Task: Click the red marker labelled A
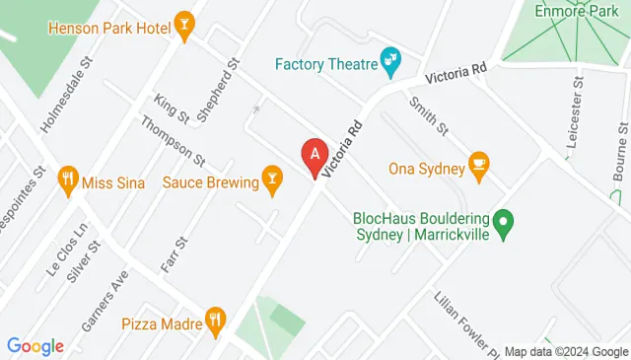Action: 315,156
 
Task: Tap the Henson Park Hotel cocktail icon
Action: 183,24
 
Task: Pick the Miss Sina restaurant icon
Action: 68,181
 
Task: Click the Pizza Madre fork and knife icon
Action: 215,321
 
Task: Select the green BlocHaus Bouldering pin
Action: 504,226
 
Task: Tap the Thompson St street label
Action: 173,140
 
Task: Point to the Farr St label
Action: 175,255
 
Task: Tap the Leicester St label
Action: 575,115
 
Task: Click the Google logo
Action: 35,346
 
